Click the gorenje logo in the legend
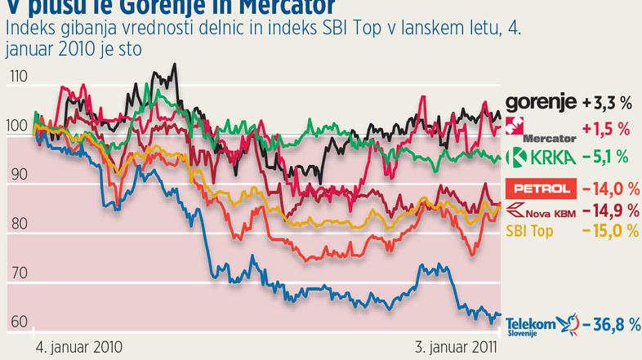coord(541,104)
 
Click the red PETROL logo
coord(539,189)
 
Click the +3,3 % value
coord(608,104)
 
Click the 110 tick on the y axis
coord(19,77)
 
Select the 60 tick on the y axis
coord(19,322)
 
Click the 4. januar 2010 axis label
coord(79,347)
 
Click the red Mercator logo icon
coord(515,124)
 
